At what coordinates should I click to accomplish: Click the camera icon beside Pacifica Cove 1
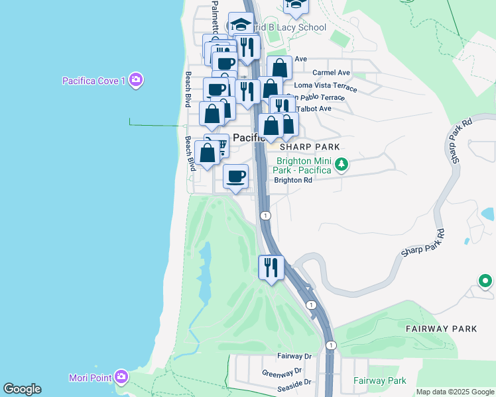137,80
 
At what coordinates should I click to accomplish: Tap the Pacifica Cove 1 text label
93,81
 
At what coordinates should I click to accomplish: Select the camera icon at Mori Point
121,377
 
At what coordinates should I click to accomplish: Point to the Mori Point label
90,378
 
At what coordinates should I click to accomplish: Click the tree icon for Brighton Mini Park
341,163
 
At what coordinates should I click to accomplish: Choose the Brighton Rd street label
292,180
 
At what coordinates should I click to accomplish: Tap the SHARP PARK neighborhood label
310,147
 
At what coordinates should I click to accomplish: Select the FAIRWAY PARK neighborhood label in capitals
441,328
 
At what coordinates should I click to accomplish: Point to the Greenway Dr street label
282,372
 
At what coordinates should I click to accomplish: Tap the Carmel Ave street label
331,72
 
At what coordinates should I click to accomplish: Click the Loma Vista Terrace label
325,86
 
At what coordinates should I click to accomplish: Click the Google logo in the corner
22,389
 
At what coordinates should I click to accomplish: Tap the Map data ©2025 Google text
454,392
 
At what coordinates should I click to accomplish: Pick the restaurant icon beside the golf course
271,267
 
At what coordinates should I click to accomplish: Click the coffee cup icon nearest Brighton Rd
236,177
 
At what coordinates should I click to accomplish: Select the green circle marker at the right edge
485,281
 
